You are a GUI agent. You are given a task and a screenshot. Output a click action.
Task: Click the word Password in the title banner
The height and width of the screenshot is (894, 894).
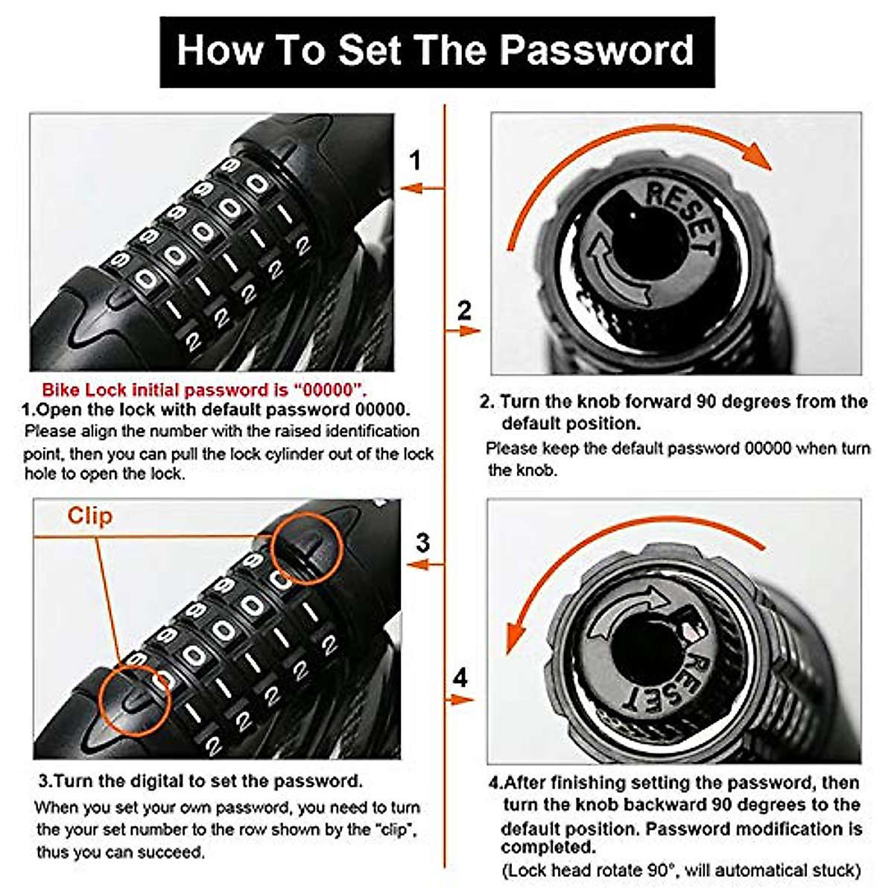coord(597,50)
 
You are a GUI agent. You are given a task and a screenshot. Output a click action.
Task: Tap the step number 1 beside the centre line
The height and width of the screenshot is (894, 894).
coord(416,160)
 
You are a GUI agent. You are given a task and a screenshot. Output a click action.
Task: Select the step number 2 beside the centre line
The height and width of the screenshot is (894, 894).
coord(464,309)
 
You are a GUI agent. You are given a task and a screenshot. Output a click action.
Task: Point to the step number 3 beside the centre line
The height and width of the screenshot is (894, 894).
coord(422,542)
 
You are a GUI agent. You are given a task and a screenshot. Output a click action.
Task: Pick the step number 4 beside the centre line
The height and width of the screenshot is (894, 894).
coord(461,678)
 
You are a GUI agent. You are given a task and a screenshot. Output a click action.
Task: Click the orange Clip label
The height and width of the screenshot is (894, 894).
coord(89,516)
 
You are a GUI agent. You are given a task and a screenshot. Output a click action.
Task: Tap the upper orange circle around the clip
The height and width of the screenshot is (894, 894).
coord(306,548)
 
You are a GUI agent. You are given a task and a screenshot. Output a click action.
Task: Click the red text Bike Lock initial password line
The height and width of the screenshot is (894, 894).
coord(204,390)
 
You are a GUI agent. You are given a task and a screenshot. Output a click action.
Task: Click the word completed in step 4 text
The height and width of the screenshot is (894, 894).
coord(548,847)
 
